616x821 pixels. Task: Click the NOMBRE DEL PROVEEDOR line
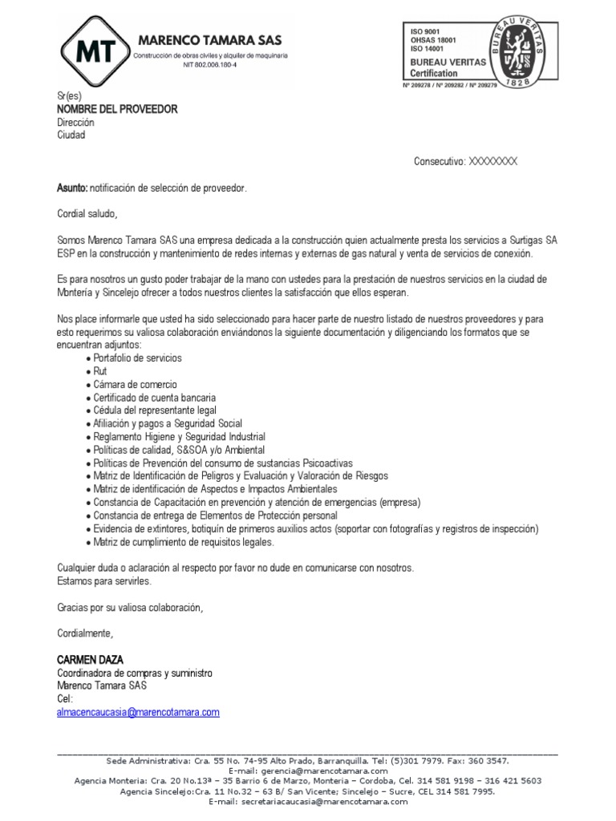(x=117, y=109)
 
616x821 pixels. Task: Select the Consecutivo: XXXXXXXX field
(x=465, y=161)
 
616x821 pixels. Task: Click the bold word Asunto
(x=72, y=188)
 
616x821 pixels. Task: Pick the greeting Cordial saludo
(x=87, y=213)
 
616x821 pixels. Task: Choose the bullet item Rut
(x=100, y=370)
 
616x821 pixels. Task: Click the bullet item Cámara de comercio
(x=135, y=384)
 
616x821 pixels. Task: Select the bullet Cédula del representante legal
(x=155, y=410)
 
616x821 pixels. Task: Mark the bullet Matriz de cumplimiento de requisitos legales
(x=184, y=541)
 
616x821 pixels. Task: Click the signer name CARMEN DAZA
(x=90, y=659)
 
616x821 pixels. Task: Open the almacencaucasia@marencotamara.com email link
(x=138, y=711)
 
